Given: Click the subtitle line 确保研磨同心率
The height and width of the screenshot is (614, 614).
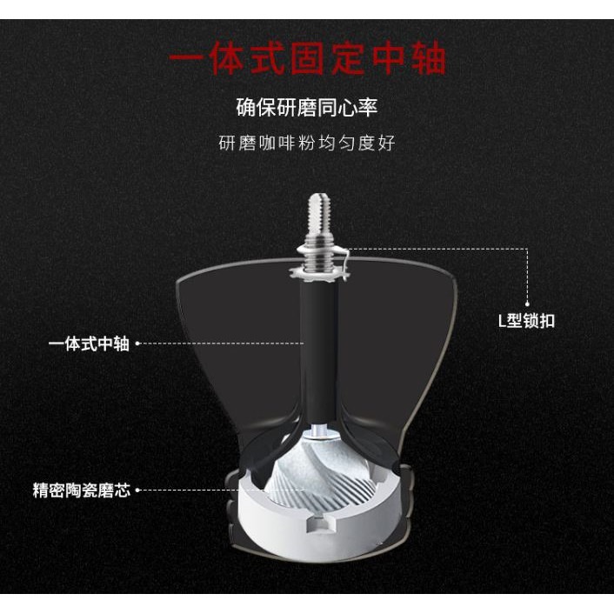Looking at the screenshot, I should [307, 109].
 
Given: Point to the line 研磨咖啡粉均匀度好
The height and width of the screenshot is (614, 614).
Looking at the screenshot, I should [307, 143].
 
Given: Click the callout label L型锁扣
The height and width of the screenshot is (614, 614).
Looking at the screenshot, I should [526, 321].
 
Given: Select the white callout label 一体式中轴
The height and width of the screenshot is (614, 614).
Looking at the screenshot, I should [89, 344].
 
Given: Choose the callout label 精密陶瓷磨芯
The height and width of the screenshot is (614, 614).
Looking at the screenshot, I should [81, 491].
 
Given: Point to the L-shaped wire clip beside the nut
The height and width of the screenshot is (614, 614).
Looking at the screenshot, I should [344, 257].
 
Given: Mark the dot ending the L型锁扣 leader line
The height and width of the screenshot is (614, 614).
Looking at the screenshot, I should [526, 304].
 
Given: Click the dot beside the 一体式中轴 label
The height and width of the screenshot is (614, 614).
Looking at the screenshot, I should [137, 344].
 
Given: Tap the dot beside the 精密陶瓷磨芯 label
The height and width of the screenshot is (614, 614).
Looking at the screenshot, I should [137, 491].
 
